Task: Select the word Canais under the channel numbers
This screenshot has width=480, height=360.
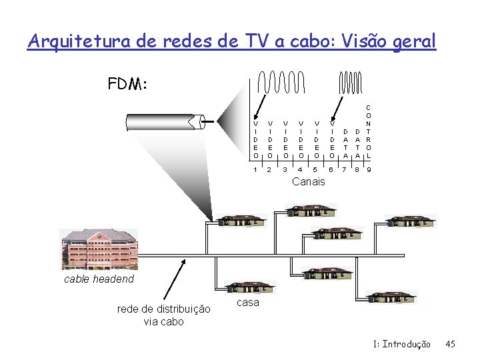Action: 309,181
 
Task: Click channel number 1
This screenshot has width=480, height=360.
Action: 256,170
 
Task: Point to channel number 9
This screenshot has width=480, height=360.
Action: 369,170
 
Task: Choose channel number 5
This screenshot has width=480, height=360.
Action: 316,170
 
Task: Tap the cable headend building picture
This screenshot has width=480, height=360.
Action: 99,250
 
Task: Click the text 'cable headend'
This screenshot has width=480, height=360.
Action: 99,279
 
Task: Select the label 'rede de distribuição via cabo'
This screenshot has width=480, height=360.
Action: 163,315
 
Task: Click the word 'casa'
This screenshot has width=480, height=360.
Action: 248,303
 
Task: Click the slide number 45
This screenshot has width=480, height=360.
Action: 450,344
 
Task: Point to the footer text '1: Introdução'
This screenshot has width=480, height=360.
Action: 403,344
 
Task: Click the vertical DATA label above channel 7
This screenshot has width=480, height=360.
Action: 345,143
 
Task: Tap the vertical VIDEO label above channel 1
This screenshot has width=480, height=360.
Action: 256,139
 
